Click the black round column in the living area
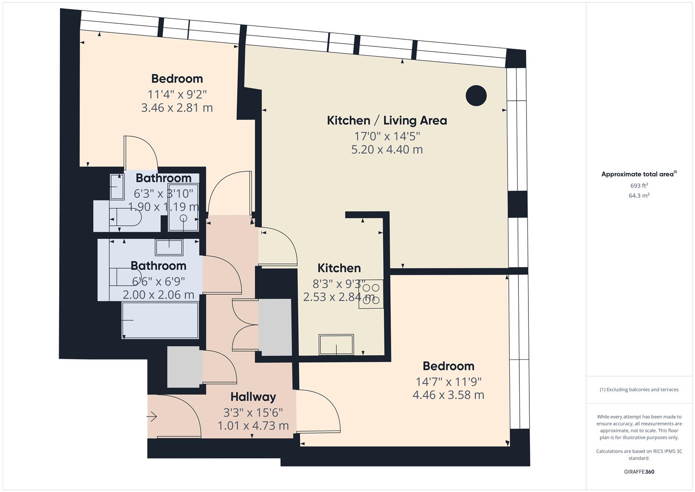tap(476, 96)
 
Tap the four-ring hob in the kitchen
tap(371, 294)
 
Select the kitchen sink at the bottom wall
tap(336, 344)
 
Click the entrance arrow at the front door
tap(152, 416)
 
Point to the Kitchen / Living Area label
tap(387, 121)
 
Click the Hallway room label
tap(253, 397)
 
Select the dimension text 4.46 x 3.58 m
tap(448, 395)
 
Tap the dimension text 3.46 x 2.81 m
tap(177, 108)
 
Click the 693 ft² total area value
tap(639, 185)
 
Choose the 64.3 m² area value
tap(639, 195)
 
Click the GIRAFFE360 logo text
tap(639, 471)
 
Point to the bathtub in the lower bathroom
tap(160, 320)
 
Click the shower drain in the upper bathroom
tap(183, 218)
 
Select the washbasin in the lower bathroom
tap(169, 247)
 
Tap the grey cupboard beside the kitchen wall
tap(275, 327)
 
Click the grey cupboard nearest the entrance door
tap(183, 367)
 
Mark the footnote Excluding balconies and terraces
tap(639, 389)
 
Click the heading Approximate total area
tap(638, 174)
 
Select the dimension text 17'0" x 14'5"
tap(387, 136)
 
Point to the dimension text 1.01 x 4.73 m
tap(253, 426)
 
